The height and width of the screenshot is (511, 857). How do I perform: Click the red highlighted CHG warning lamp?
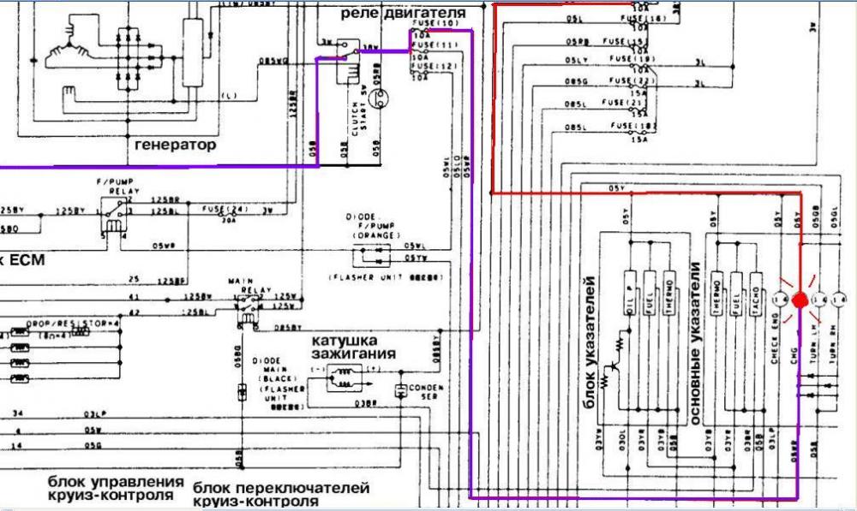click(799, 300)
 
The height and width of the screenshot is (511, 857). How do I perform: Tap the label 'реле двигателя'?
click(404, 14)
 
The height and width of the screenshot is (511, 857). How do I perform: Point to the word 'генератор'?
click(176, 145)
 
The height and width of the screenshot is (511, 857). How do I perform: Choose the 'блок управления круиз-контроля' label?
click(116, 488)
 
